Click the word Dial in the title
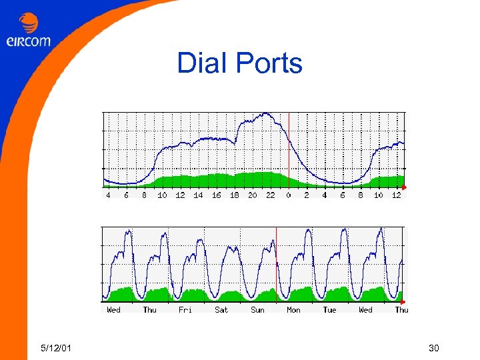[x=201, y=64]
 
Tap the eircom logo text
[x=28, y=41]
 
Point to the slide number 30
[x=434, y=347]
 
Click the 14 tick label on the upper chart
[x=198, y=195]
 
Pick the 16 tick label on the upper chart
[x=216, y=195]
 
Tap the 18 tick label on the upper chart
[x=234, y=195]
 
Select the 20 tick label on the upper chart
[x=252, y=195]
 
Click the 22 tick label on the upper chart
[x=270, y=195]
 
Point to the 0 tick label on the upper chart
[x=289, y=195]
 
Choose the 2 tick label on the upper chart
[x=307, y=195]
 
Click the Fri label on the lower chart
[x=185, y=310]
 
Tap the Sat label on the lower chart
[x=221, y=310]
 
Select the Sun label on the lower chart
[x=257, y=310]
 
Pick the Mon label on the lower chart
[x=293, y=310]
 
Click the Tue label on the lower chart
[x=329, y=310]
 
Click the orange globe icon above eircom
[x=29, y=24]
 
